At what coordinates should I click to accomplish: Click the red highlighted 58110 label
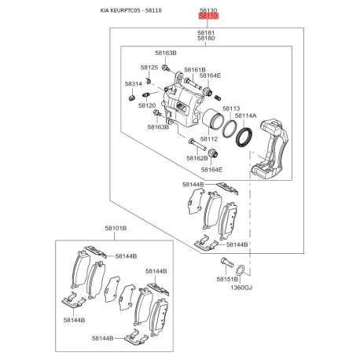[208, 17]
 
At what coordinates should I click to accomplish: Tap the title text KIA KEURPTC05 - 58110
[131, 10]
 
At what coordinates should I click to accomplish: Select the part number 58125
[149, 68]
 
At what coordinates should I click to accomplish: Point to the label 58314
[134, 84]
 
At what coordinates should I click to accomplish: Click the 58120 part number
[147, 105]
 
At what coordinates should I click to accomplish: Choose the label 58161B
[195, 70]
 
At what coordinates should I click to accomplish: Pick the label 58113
[231, 108]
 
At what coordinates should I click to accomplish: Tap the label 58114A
[246, 116]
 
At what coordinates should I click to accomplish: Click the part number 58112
[209, 139]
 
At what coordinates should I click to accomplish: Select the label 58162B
[197, 158]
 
